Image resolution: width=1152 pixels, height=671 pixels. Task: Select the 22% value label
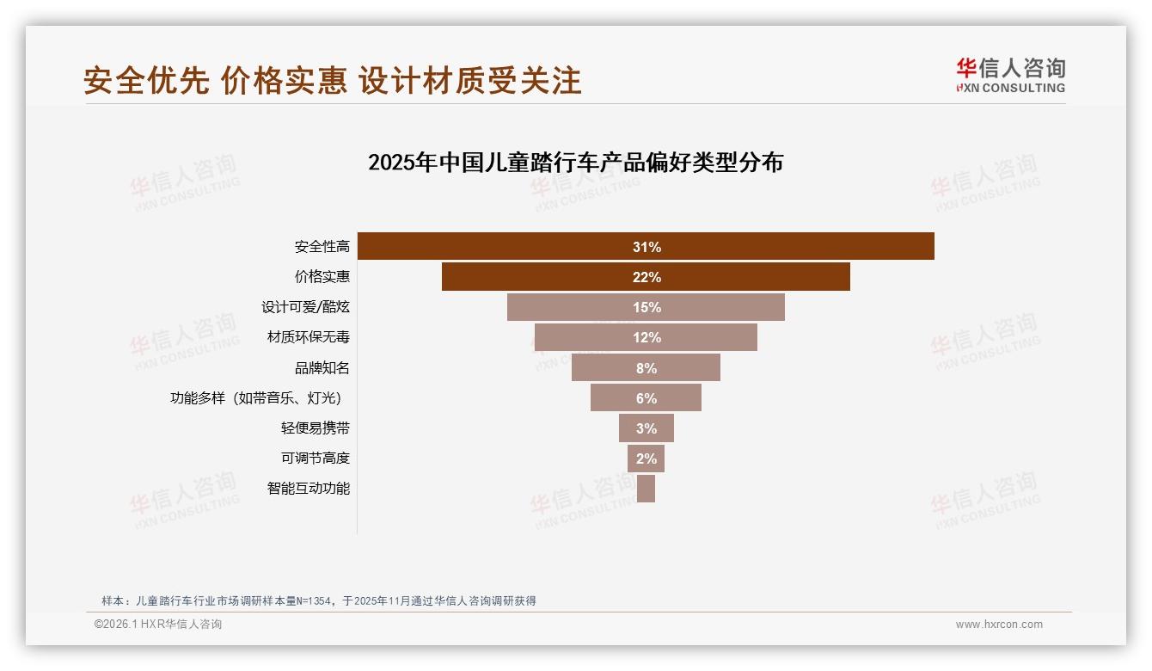[646, 278]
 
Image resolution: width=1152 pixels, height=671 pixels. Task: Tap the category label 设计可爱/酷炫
[305, 307]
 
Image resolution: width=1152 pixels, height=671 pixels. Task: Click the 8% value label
[646, 368]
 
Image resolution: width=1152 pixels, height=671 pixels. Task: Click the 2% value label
[646, 459]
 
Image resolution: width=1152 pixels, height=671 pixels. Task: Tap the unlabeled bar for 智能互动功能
[646, 489]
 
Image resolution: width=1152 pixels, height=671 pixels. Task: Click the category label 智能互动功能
[308, 489]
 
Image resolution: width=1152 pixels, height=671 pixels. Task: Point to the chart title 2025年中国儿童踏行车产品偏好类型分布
[575, 163]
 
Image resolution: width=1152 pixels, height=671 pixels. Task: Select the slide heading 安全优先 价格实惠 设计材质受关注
[333, 81]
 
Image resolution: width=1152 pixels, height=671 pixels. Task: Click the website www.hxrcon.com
[999, 625]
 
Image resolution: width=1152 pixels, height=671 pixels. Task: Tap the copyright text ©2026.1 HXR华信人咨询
[158, 625]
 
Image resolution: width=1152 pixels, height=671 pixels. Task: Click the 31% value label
[646, 247]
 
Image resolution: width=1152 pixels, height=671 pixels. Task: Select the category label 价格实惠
[322, 277]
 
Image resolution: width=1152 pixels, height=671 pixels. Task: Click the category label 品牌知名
[322, 368]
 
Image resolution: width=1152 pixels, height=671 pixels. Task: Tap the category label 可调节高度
[316, 459]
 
